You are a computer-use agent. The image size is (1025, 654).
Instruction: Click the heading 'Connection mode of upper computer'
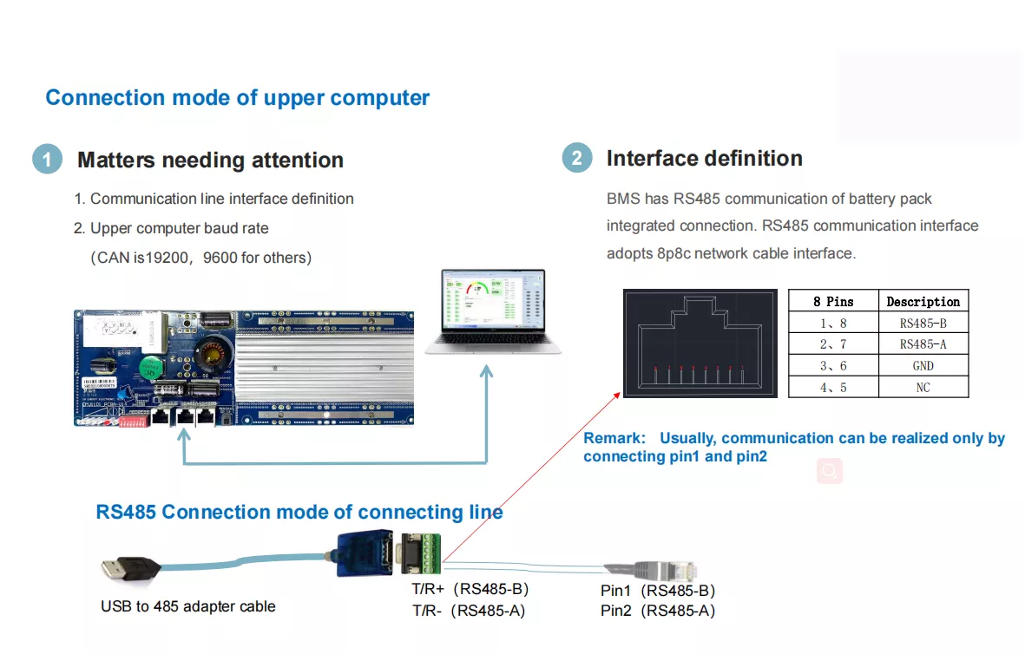tap(237, 97)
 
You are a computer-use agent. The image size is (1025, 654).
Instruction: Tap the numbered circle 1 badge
tap(47, 160)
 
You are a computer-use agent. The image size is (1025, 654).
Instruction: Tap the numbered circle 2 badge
tap(576, 158)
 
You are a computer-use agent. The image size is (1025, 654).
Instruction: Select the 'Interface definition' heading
tap(704, 158)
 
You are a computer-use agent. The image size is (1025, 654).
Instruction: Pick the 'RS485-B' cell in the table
tap(923, 323)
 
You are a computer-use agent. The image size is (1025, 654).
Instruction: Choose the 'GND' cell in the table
tap(923, 366)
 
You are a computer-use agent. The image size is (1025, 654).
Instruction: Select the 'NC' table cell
tap(923, 387)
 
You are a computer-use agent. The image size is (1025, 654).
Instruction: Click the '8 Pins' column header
tap(833, 302)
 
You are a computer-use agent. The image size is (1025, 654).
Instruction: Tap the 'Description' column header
tap(923, 302)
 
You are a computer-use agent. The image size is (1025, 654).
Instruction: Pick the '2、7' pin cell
tap(833, 344)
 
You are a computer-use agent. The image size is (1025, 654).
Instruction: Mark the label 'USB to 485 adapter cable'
tap(188, 606)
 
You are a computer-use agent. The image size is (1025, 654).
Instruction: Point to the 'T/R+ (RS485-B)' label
tap(470, 590)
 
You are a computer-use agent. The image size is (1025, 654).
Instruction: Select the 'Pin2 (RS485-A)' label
tap(658, 611)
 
